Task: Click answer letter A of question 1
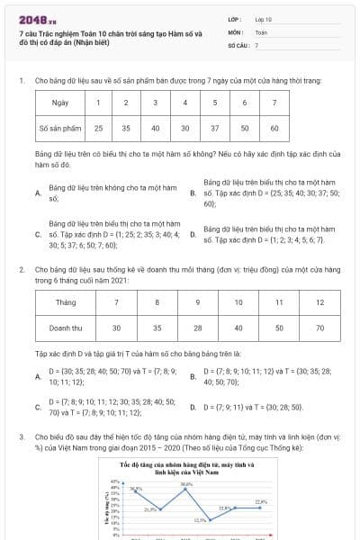point(38,193)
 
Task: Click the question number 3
point(21,436)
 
